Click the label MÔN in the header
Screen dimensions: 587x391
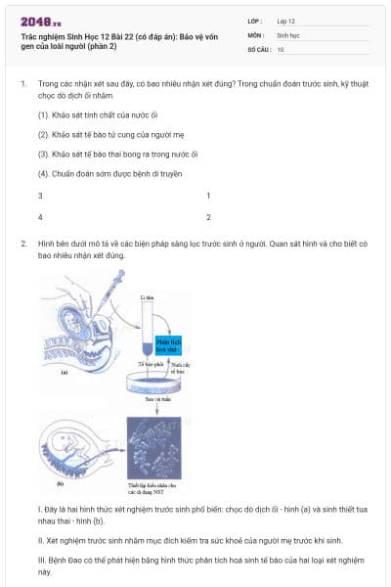[x=256, y=34]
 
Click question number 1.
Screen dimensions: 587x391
[x=22, y=84]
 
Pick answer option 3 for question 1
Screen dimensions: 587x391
[x=40, y=196]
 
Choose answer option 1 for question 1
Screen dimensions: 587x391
[x=208, y=196]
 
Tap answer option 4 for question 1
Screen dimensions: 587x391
[x=40, y=216]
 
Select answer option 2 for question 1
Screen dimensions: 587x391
[x=208, y=216]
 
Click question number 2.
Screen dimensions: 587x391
[x=22, y=241]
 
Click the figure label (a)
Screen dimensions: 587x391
[x=63, y=373]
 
